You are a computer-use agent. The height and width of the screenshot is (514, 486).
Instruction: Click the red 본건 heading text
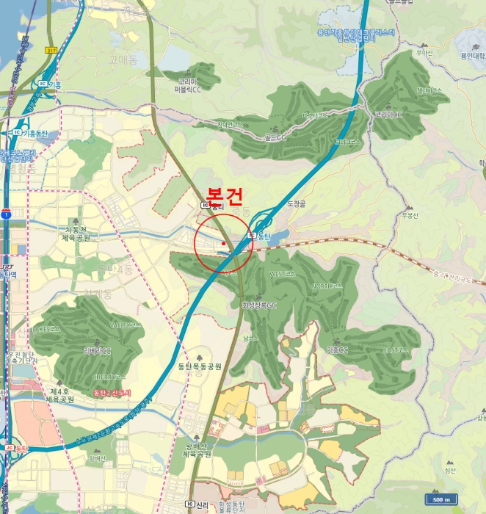pyautogui.click(x=224, y=195)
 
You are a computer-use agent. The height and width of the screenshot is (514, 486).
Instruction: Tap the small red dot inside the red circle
pyautogui.click(x=222, y=243)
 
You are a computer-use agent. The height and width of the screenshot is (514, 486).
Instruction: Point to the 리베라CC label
pyautogui.click(x=97, y=351)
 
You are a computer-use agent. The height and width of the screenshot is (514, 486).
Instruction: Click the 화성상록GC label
pyautogui.click(x=258, y=305)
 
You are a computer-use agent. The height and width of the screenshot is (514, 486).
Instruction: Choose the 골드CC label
pyautogui.click(x=275, y=137)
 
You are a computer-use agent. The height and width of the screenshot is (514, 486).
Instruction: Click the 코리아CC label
pyautogui.click(x=388, y=115)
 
